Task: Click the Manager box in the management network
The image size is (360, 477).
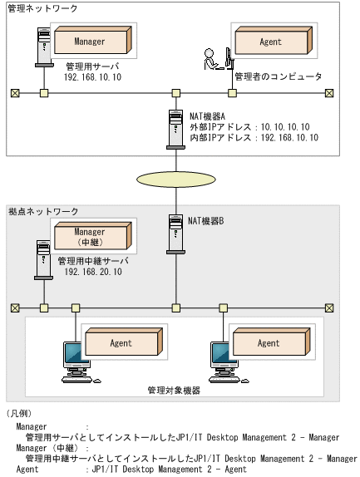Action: click(x=91, y=42)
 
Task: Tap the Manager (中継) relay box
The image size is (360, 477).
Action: click(x=91, y=237)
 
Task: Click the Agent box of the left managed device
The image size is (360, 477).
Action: click(x=121, y=342)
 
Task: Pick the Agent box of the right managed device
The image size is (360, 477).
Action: click(x=269, y=342)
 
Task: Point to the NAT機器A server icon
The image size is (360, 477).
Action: click(x=175, y=126)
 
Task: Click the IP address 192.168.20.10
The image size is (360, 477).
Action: click(x=92, y=272)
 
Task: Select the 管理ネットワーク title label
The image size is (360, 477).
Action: click(x=42, y=7)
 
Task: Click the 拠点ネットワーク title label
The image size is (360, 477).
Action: click(x=42, y=213)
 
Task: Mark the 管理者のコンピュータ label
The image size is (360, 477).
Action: click(x=278, y=76)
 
